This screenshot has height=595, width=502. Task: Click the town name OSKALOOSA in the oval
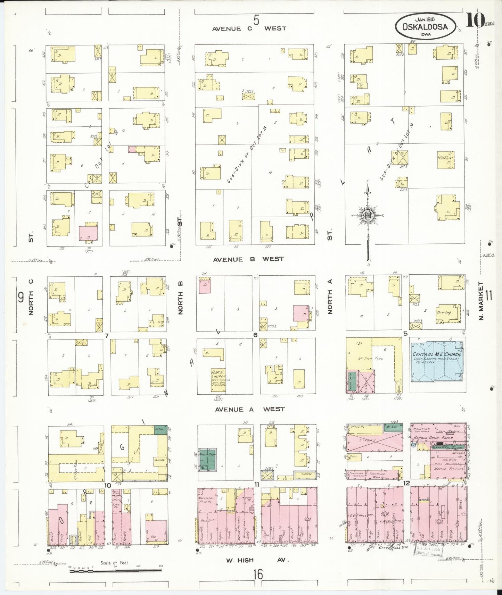coord(425,27)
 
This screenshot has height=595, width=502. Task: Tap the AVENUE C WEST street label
coord(249,28)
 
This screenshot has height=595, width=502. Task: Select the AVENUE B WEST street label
coord(248,259)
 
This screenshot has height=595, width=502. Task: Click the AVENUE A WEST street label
coord(250,409)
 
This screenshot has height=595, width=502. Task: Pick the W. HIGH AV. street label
coord(257,560)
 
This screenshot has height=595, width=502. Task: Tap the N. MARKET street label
coord(481,301)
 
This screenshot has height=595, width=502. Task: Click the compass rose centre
coord(368,215)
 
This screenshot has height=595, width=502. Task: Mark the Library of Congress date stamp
coord(427,550)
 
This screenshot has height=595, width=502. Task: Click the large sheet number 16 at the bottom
coord(258,574)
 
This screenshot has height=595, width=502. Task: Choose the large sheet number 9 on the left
coord(20,297)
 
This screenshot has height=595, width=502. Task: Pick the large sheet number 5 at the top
coord(256,20)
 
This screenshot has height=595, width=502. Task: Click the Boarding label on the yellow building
coord(444,312)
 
